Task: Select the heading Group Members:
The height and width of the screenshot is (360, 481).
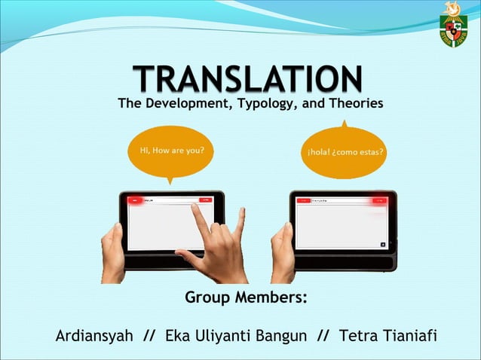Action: [x=246, y=298]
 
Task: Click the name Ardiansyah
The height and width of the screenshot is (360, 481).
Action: [x=94, y=335]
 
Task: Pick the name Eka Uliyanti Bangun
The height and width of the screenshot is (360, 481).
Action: [x=235, y=335]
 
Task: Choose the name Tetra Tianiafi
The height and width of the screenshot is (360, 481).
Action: [x=388, y=335]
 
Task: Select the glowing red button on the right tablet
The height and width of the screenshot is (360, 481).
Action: [x=378, y=200]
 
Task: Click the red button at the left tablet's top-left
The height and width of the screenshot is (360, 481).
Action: [x=136, y=201]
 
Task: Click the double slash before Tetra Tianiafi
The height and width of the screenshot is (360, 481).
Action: [x=323, y=335]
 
